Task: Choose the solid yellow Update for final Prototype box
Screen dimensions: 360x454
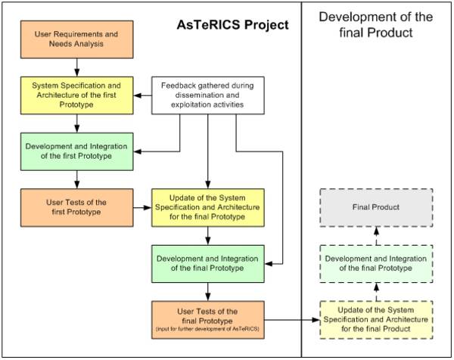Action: coord(208,206)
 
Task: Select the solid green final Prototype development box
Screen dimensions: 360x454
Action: coord(208,262)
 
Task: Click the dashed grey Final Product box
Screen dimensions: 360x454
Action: coord(376,206)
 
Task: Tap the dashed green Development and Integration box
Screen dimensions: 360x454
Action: coord(376,264)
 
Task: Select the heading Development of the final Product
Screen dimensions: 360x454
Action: coord(375,24)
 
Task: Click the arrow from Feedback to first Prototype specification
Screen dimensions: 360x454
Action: coord(144,95)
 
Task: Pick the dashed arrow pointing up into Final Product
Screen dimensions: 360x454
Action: coord(376,234)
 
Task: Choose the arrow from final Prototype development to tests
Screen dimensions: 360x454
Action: coord(208,291)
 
